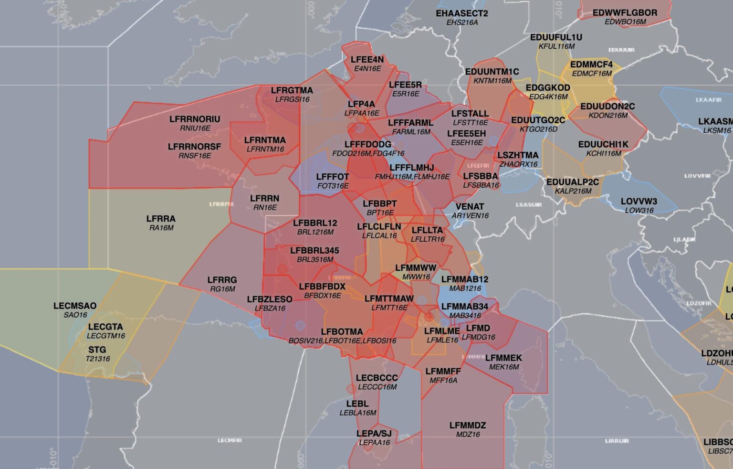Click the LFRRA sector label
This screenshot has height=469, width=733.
161,219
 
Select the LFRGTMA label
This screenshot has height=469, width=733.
292,90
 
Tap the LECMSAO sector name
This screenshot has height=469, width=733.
75,306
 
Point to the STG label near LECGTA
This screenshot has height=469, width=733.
97,350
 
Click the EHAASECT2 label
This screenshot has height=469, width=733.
461,13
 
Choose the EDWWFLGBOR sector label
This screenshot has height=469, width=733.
625,13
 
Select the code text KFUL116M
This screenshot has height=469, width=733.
556,46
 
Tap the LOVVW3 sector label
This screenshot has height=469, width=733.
639,201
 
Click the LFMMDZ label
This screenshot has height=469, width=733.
467,425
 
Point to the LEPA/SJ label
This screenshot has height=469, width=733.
374,434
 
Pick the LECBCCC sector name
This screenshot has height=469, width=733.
377,378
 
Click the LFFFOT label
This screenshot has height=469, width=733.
333,177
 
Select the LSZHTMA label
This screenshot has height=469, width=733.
518,155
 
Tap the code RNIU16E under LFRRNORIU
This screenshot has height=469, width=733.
195,128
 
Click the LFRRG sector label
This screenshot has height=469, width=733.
222,280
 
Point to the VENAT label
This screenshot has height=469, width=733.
470,206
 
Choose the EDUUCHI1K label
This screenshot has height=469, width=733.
603,144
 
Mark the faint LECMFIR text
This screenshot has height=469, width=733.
230,440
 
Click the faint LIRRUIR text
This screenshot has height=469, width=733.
617,441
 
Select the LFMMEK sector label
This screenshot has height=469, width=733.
503,358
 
